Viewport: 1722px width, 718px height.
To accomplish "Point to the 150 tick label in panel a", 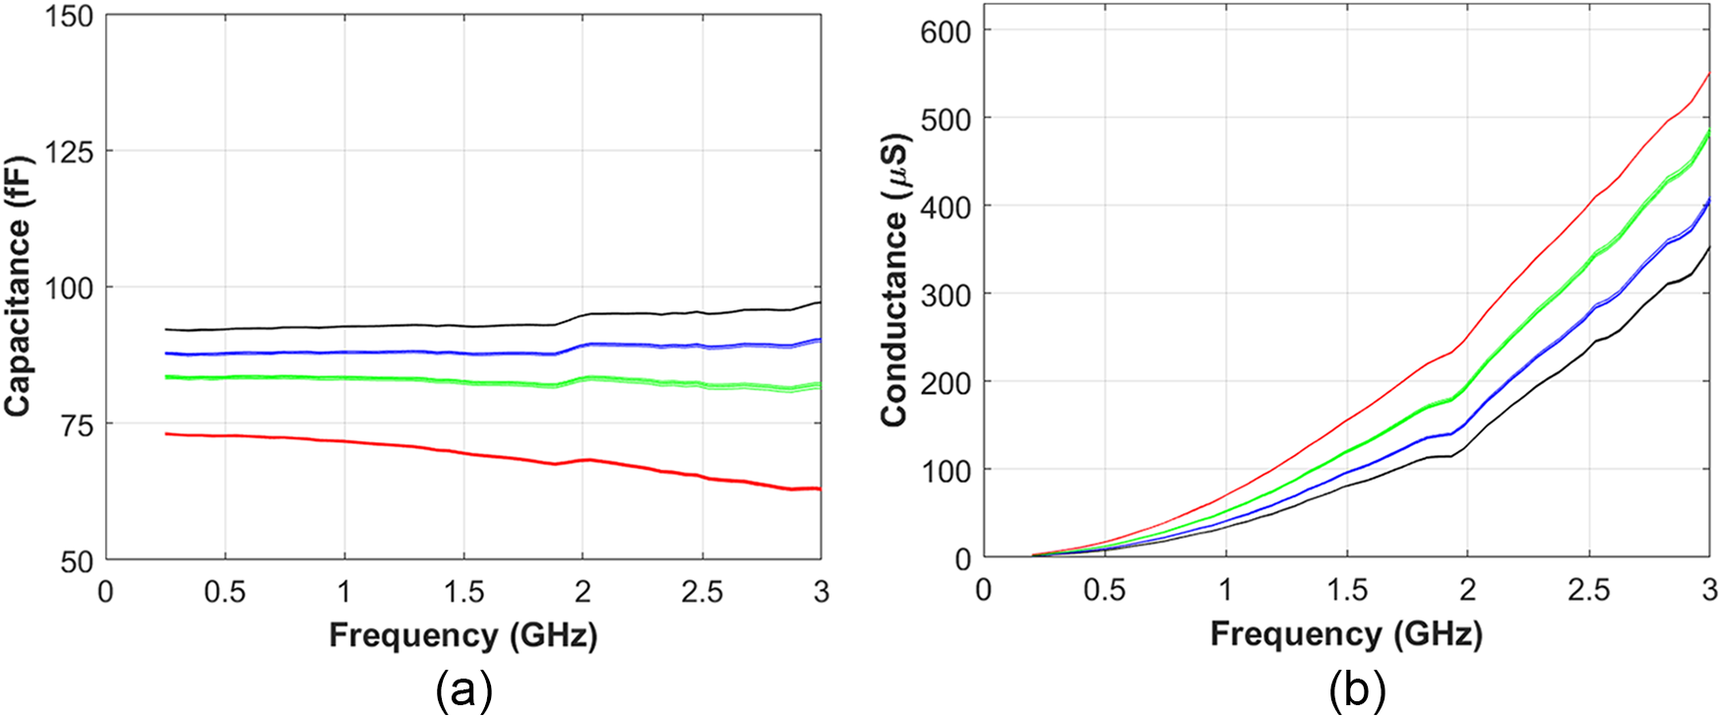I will (69, 16).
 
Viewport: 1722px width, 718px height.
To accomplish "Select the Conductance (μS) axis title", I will (894, 280).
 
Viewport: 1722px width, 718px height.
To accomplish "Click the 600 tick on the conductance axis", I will (945, 32).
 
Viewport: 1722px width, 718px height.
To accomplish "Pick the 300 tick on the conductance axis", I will (945, 294).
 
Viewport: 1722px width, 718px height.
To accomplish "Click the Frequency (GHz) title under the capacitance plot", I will (462, 635).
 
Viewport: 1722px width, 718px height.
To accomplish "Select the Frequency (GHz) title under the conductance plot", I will (1345, 634).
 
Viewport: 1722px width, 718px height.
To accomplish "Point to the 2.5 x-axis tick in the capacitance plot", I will (702, 592).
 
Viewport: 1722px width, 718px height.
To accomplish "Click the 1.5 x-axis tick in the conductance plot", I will (1346, 590).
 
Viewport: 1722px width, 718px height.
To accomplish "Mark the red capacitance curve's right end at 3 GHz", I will (819, 489).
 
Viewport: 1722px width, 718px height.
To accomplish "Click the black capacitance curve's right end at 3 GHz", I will (819, 302).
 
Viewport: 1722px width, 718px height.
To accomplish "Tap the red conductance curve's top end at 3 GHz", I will (1709, 74).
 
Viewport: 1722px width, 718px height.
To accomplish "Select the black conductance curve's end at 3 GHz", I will (1709, 247).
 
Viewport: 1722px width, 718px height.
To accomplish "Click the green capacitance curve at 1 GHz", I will (344, 377).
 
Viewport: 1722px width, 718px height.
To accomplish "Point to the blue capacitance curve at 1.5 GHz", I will (463, 354).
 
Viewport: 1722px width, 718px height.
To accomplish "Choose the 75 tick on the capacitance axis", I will (77, 424).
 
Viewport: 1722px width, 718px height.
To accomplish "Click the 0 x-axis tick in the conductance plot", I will (984, 590).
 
